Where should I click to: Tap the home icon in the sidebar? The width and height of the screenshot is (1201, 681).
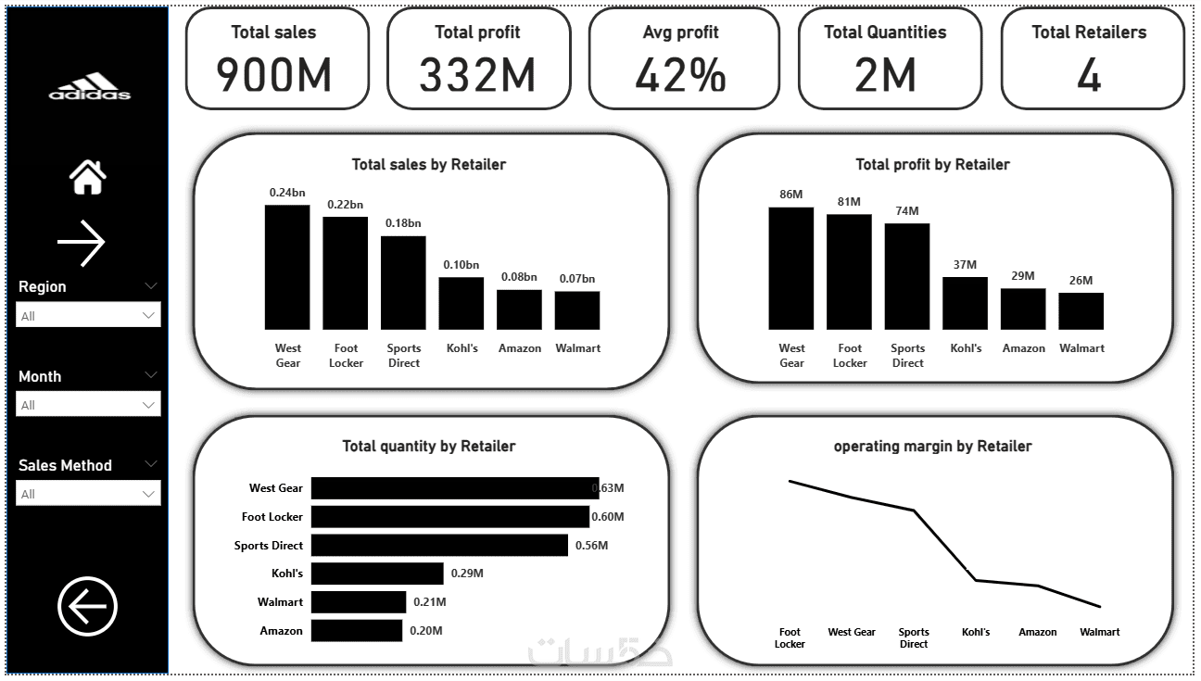88,176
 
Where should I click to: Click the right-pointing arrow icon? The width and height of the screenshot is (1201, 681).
82,243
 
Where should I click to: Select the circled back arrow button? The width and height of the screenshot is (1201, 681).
88,607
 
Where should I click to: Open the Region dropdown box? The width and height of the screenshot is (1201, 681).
88,315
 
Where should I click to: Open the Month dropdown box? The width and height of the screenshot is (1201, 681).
88,405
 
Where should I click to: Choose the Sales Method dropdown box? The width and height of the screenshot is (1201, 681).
88,494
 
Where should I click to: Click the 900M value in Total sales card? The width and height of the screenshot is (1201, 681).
274,74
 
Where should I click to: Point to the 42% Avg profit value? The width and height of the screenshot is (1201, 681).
680,74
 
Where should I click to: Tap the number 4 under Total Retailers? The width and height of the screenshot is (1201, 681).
1089,75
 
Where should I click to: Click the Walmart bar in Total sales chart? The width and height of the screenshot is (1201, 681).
576,310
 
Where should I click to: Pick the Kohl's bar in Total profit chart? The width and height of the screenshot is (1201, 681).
965,303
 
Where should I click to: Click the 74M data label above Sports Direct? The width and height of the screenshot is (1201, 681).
907,210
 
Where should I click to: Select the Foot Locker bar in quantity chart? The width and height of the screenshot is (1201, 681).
449,517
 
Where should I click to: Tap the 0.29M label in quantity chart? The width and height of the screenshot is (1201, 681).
467,574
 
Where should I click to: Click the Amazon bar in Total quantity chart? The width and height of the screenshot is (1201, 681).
357,631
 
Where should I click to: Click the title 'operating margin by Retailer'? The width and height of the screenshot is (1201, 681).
932,446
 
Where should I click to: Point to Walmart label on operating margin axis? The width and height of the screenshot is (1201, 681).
1099,632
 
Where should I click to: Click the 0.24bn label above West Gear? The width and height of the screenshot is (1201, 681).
287,192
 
